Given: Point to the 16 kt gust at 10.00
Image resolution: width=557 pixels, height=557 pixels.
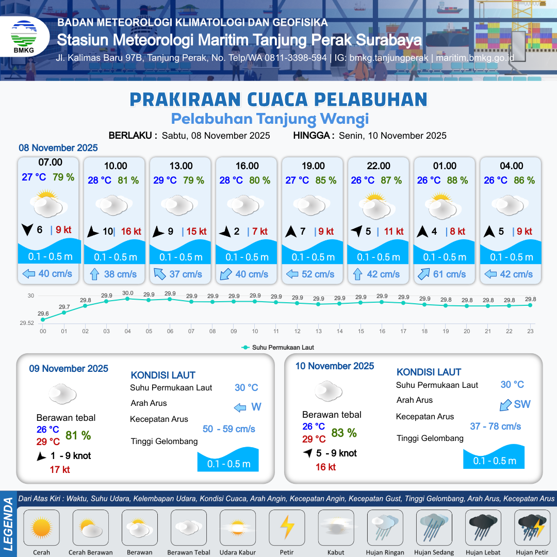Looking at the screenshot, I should coord(131,232).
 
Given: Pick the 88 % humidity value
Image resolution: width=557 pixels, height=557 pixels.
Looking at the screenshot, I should coord(457,181).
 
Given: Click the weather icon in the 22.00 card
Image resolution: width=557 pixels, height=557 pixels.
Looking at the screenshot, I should coord(379,205).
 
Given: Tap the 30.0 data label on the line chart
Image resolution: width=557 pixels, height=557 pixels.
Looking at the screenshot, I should coord(127,293).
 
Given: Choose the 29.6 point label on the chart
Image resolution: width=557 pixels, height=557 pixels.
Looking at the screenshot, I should coord(43,313).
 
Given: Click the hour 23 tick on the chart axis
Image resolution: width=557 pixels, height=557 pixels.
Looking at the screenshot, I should coord(530,331).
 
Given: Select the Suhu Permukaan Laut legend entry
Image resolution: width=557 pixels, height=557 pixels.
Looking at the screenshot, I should coord(278,348).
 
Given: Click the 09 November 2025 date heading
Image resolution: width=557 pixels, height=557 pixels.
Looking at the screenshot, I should coord(69,369).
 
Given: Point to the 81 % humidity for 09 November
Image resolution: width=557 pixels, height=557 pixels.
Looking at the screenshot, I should coord(78,435).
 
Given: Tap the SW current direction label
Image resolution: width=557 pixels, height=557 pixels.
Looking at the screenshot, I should coord(522,404).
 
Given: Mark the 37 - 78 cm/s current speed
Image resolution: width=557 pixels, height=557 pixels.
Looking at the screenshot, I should coord(495,427).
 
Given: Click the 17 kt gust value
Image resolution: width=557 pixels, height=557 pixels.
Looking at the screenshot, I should coord(60,469).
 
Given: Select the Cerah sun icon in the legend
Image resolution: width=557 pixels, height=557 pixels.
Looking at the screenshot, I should coord(42,528).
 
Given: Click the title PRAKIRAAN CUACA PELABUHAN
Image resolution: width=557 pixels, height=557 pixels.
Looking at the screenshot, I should coord(278,99).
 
